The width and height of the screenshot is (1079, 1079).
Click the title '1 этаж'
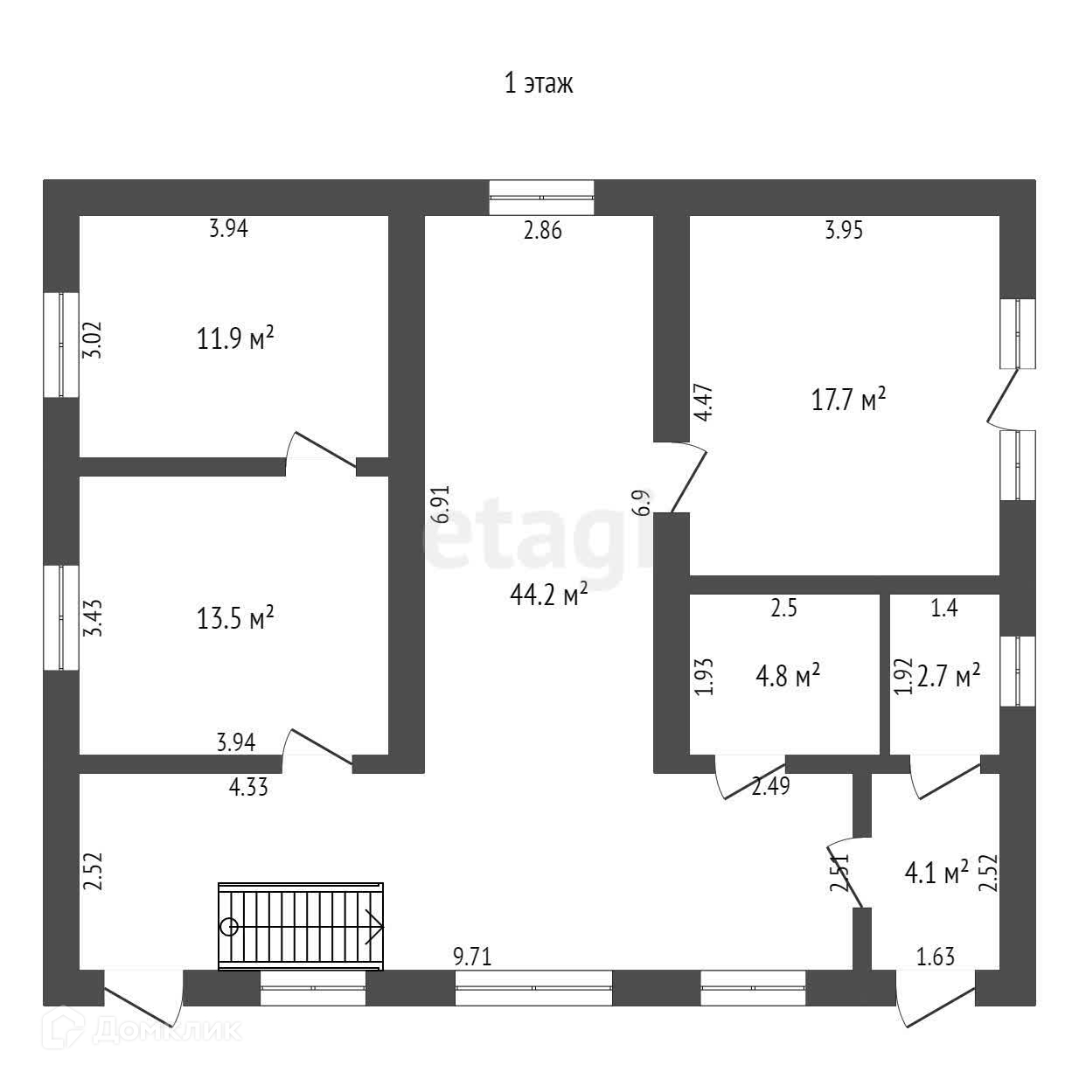click(539, 84)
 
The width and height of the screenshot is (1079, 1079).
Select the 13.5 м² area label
click(236, 619)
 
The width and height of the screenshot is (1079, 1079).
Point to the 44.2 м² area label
click(548, 595)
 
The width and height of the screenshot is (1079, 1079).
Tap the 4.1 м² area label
click(936, 872)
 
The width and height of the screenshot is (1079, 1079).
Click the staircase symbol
click(301, 926)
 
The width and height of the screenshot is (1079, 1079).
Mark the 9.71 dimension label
click(472, 957)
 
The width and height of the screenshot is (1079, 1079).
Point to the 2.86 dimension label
click(542, 231)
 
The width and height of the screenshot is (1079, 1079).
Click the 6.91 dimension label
click(442, 504)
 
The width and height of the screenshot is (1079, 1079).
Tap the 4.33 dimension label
click(248, 787)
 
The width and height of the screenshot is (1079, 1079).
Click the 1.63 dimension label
click(935, 957)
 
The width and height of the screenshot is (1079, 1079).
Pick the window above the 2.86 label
click(541, 197)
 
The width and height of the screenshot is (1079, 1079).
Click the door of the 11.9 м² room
click(322, 450)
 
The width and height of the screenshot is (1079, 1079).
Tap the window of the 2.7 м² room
click(1017, 671)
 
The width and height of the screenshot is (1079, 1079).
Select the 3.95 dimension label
click(844, 231)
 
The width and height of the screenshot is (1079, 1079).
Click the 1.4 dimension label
click(944, 609)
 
